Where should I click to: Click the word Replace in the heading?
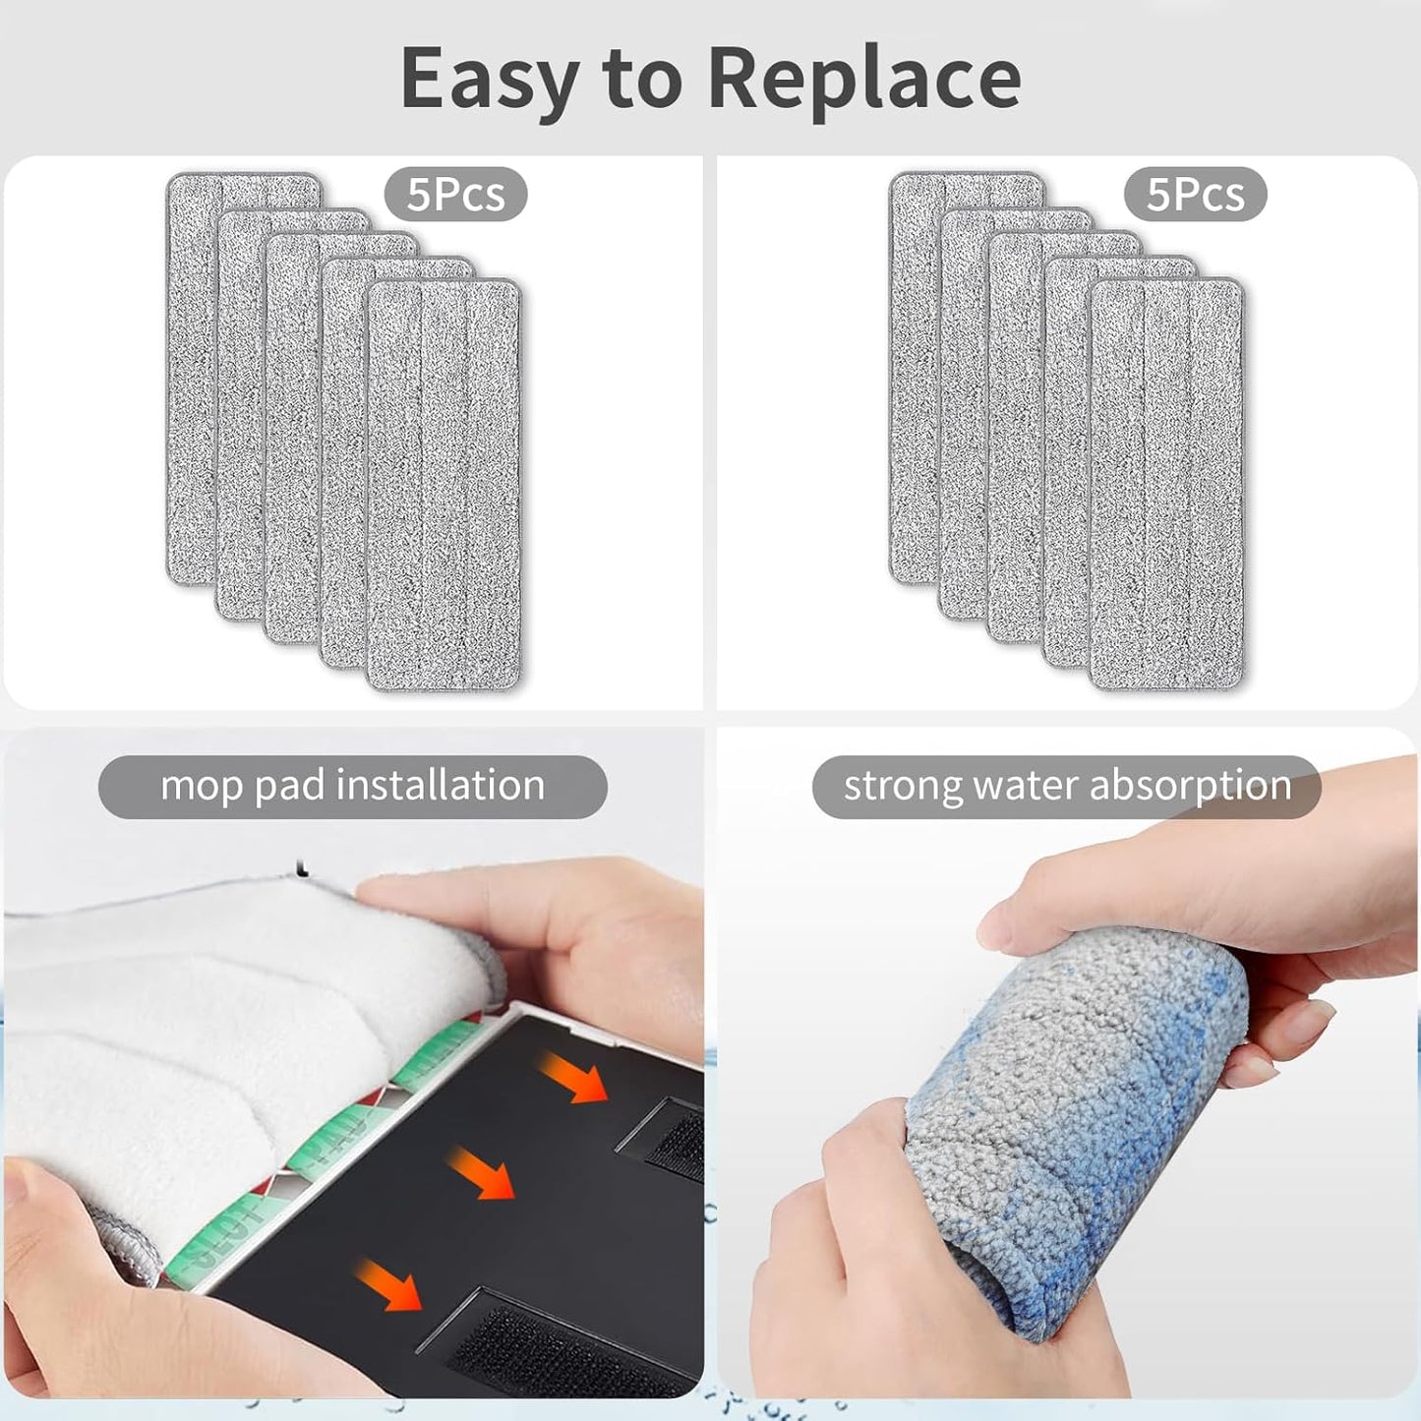pyautogui.click(x=864, y=79)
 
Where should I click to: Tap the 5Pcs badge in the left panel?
pyautogui.click(x=455, y=194)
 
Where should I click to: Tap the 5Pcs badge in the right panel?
pyautogui.click(x=1195, y=194)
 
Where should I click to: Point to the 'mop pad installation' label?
pyautogui.click(x=352, y=786)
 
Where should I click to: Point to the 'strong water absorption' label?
pyautogui.click(x=1067, y=786)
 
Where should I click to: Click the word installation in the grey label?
pyautogui.click(x=441, y=786)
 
